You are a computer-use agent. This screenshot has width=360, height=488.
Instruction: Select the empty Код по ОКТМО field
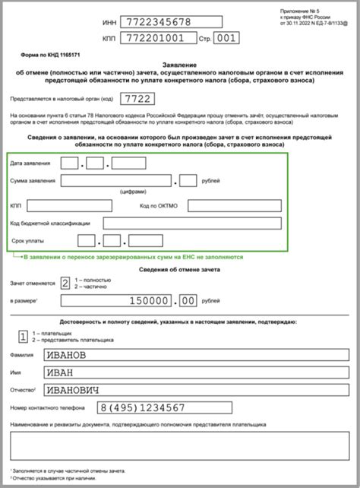234,205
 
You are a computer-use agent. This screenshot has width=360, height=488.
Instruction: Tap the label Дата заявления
31,163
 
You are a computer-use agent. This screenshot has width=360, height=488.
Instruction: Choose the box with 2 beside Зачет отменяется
65,283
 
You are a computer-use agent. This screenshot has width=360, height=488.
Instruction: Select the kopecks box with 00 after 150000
187,302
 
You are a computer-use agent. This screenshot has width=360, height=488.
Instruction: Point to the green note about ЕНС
133,257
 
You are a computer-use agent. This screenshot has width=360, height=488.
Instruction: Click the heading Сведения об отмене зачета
179,270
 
